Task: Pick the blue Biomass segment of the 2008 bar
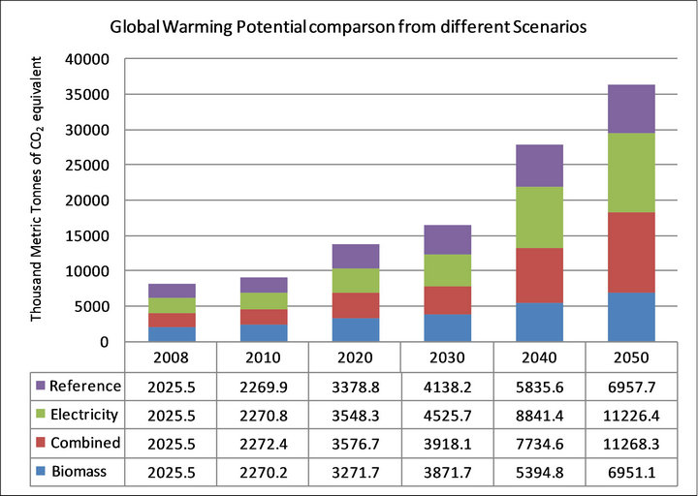[x=171, y=334]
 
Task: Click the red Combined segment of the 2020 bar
[x=355, y=305]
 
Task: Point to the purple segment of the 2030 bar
[x=447, y=239]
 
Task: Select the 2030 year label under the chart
[x=447, y=356]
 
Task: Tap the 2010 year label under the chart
[x=263, y=356]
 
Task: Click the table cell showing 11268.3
[x=631, y=443]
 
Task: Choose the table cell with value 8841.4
[x=539, y=415]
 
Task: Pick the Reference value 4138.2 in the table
[x=447, y=387]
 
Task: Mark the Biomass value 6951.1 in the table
[x=631, y=471]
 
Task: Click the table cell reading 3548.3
[x=355, y=415]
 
